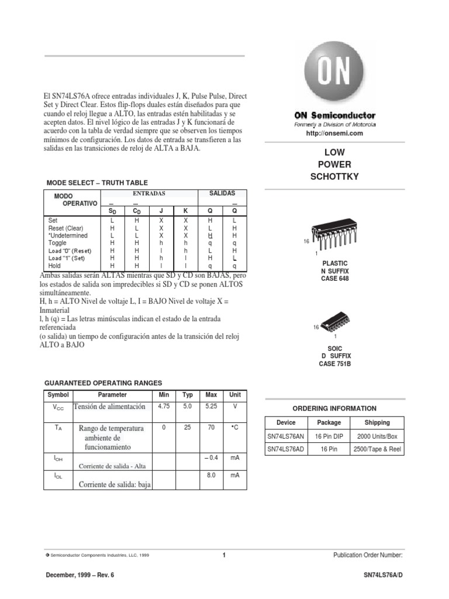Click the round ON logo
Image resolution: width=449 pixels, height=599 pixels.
pos(334,73)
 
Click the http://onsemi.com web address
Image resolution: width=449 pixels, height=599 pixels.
pos(334,133)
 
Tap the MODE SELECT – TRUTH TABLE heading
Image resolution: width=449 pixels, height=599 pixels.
pos(96,183)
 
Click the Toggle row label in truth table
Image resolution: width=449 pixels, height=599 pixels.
pos(57,243)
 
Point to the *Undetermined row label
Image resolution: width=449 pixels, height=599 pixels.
pos(68,235)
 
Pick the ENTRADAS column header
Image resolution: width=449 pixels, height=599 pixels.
pos(149,193)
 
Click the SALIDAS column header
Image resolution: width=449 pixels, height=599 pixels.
pos(222,193)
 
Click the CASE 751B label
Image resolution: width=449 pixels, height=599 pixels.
pos(335,364)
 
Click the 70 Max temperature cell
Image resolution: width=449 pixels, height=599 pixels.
pos(211,428)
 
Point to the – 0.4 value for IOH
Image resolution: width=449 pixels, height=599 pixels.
pos(211,457)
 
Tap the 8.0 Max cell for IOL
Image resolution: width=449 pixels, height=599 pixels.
pos(211,476)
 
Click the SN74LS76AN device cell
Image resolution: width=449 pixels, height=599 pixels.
pos(286,436)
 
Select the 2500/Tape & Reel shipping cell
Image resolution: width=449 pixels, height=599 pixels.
pos(377,449)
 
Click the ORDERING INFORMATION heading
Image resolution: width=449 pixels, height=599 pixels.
pos(334,408)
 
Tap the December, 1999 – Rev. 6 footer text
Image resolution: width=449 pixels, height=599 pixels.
pos(80,575)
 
